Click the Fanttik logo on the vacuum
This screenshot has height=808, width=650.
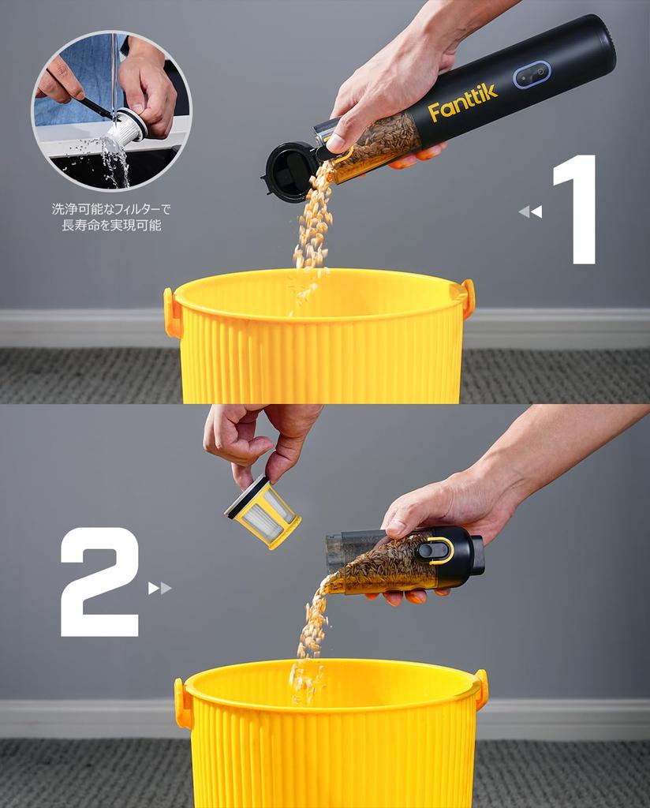pyautogui.click(x=463, y=104)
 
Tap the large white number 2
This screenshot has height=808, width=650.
pyautogui.click(x=100, y=582)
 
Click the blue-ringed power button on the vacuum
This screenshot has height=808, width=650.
pyautogui.click(x=532, y=75)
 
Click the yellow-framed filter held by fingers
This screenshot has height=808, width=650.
pyautogui.click(x=263, y=512)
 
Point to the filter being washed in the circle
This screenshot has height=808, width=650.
pyautogui.click(x=126, y=130)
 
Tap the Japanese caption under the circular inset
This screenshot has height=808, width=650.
pyautogui.click(x=110, y=217)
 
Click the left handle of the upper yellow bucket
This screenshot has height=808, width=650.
pyautogui.click(x=171, y=312)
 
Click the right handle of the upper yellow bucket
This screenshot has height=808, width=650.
pyautogui.click(x=468, y=298)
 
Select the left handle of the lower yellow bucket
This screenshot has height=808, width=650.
pyautogui.click(x=182, y=703)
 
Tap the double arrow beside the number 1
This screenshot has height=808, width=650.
pyautogui.click(x=530, y=211)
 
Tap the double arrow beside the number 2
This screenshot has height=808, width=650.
pyautogui.click(x=159, y=588)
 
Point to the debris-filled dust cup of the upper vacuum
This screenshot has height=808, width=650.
pyautogui.click(x=377, y=146)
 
